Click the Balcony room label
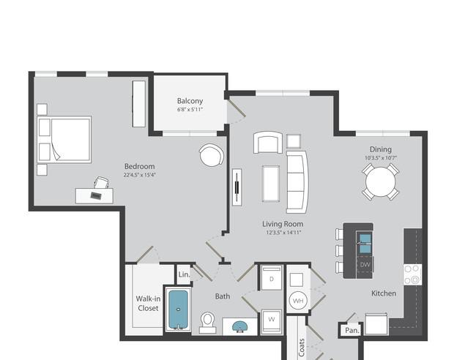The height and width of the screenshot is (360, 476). [x=190, y=101]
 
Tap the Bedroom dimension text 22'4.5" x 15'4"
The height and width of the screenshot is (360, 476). [x=140, y=175]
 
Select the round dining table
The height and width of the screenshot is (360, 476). [x=380, y=182]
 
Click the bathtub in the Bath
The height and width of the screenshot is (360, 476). [x=179, y=310]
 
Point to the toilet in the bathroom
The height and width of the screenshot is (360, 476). [x=208, y=323]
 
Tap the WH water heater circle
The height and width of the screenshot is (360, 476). [x=298, y=301]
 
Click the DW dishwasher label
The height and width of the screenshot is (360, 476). [x=365, y=264]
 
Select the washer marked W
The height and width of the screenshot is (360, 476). [x=272, y=321]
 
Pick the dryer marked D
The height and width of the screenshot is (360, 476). [x=272, y=278]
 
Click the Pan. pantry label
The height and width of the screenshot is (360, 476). [x=352, y=330]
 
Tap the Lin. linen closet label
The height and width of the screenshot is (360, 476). [x=184, y=274]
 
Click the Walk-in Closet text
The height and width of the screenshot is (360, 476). [x=148, y=303]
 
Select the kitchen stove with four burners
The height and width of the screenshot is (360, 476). [x=412, y=274]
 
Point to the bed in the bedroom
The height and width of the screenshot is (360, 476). [x=64, y=140]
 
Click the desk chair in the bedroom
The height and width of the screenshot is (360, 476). [x=101, y=183]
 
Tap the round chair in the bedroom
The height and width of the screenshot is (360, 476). [x=212, y=154]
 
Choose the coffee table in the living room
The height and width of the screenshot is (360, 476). [x=271, y=184]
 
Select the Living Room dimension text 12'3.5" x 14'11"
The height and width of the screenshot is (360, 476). [x=283, y=233]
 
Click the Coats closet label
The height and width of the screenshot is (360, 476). [x=302, y=348]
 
